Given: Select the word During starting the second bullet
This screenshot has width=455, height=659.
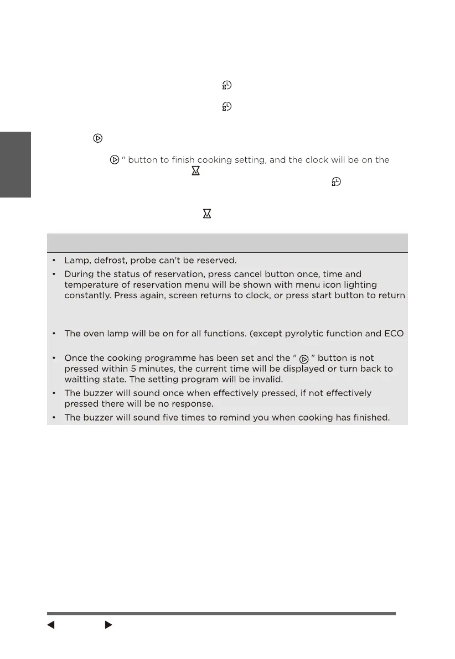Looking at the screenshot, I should pyautogui.click(x=81, y=274).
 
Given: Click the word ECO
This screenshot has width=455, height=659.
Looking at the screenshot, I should pyautogui.click(x=394, y=334).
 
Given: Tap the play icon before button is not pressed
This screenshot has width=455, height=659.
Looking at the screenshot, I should pyautogui.click(x=303, y=359).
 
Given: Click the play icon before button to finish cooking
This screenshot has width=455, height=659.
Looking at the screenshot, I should pyautogui.click(x=114, y=160).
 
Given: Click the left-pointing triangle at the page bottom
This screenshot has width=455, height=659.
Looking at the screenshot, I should pyautogui.click(x=50, y=625).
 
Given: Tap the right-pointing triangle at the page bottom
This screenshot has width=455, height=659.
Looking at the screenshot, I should pyautogui.click(x=108, y=625).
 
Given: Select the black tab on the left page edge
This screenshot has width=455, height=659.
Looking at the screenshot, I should pyautogui.click(x=15, y=164).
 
